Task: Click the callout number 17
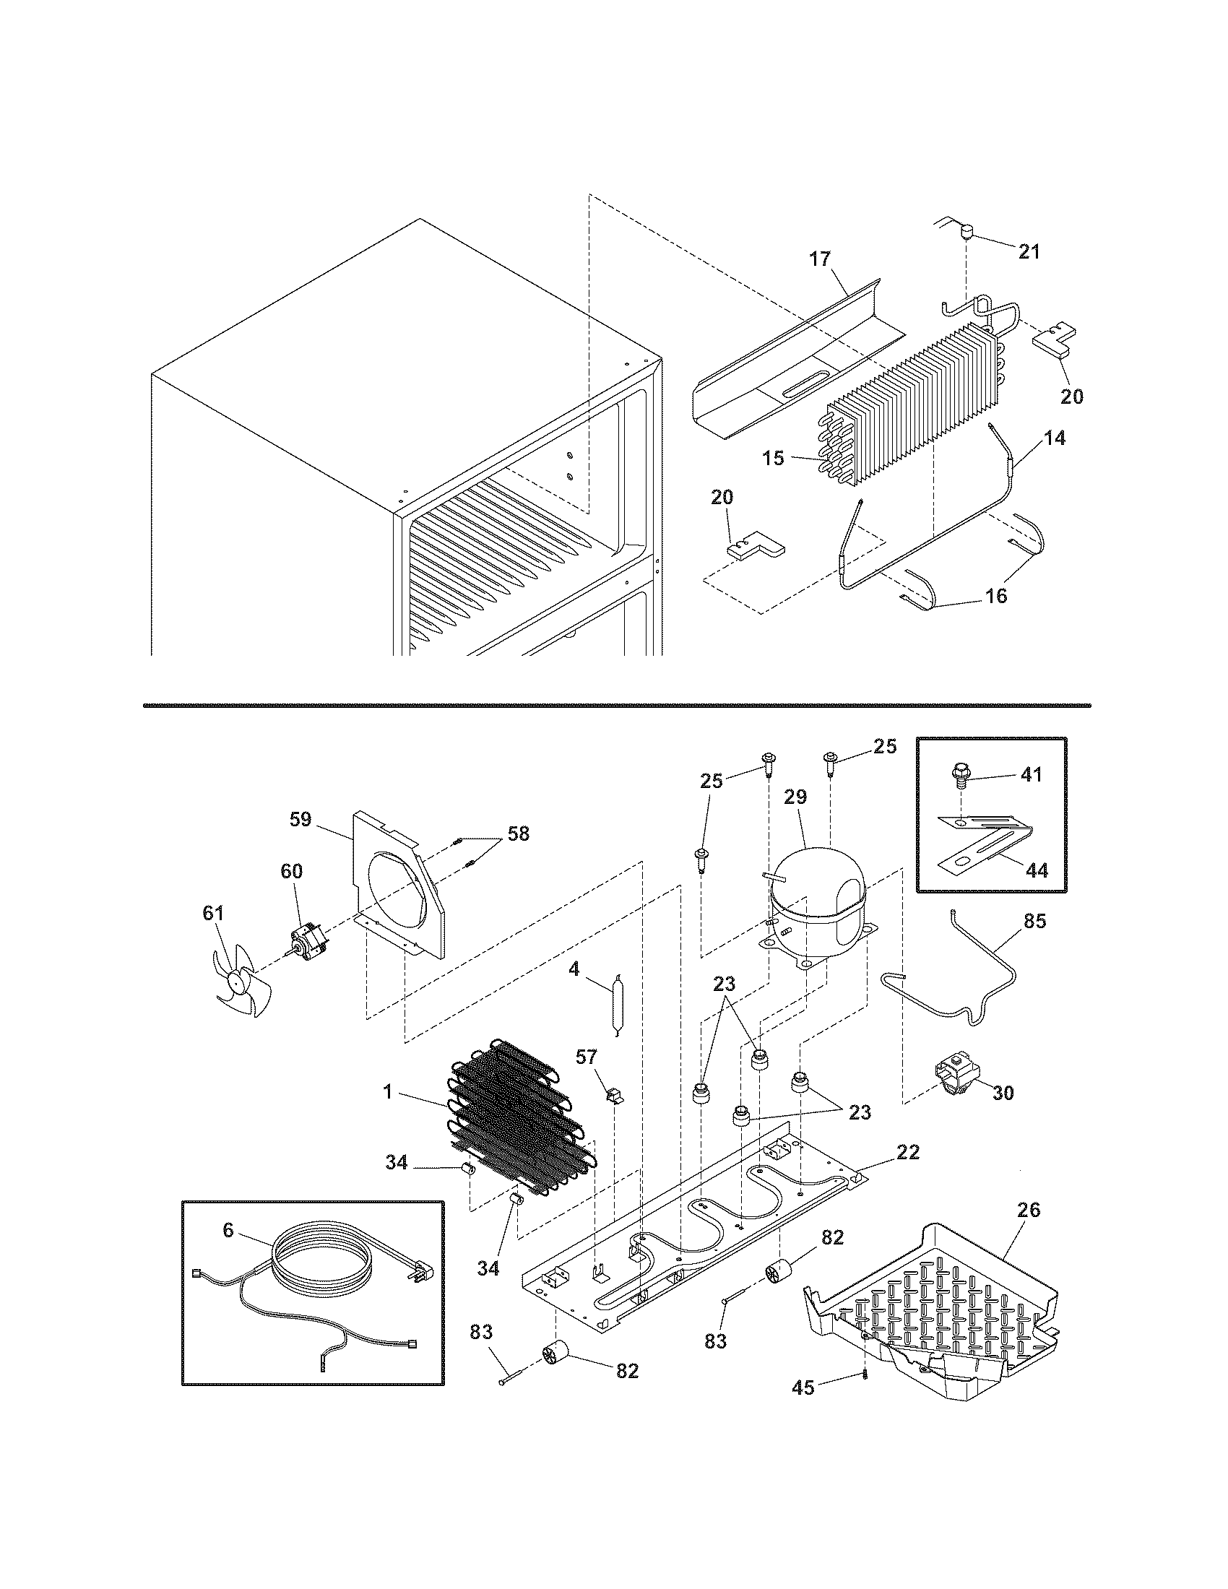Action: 820,259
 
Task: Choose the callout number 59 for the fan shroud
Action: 300,820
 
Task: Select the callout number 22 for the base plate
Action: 908,1152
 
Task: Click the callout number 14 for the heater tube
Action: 1055,438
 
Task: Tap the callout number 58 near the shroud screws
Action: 518,834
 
